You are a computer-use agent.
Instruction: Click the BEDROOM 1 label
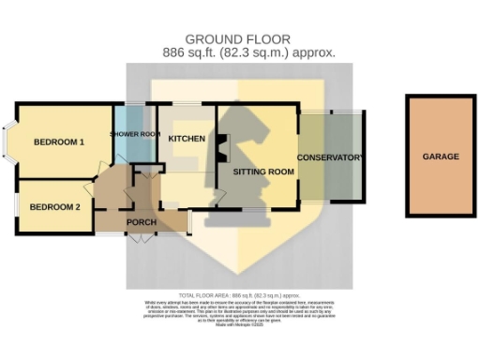pyautogui.click(x=59, y=142)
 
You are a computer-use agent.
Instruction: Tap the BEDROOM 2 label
pyautogui.click(x=54, y=206)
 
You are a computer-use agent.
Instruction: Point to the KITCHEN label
pyautogui.click(x=187, y=139)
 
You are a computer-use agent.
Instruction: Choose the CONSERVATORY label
pyautogui.click(x=329, y=157)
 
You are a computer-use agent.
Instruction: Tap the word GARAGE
pyautogui.click(x=440, y=157)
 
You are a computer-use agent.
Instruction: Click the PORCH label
pyautogui.click(x=141, y=222)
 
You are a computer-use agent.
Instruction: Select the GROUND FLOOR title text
pyautogui.click(x=237, y=38)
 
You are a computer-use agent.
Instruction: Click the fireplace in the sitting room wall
pyautogui.click(x=221, y=147)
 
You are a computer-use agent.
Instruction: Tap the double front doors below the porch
pyautogui.click(x=138, y=239)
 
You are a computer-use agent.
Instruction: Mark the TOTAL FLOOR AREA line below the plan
pyautogui.click(x=240, y=294)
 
